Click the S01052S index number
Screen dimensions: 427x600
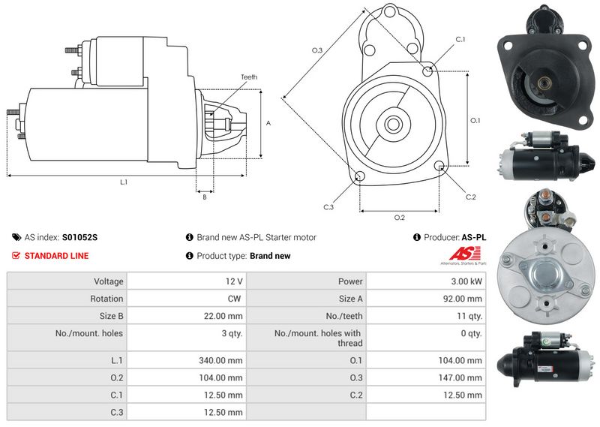(x=79, y=237)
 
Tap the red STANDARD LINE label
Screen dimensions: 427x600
(x=56, y=256)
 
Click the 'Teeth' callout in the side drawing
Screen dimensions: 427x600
(x=249, y=77)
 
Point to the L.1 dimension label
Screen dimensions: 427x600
(x=123, y=182)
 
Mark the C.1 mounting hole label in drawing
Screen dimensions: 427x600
(x=460, y=39)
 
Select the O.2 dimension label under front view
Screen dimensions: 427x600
(x=400, y=218)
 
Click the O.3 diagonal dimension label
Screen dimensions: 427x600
(x=317, y=50)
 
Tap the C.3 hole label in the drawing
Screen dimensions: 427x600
(x=328, y=207)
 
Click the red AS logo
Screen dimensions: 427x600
(x=468, y=253)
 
